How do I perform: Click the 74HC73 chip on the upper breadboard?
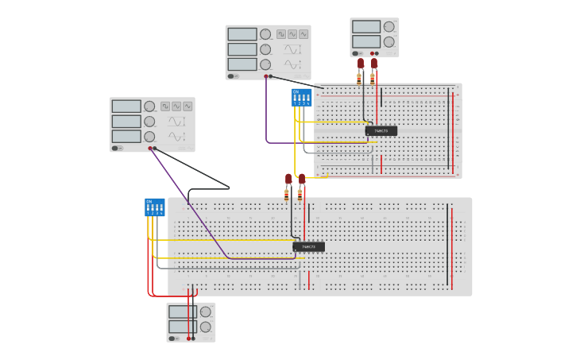pyautogui.click(x=381, y=131)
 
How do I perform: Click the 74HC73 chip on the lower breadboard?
pyautogui.click(x=308, y=247)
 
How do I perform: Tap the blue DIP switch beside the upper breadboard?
pyautogui.click(x=301, y=98)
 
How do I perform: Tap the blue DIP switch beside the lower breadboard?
pyautogui.click(x=154, y=207)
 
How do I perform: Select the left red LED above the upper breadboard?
pyautogui.click(x=360, y=63)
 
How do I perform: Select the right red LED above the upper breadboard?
pyautogui.click(x=373, y=63)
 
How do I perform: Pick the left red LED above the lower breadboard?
pyautogui.click(x=288, y=179)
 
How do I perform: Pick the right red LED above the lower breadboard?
pyautogui.click(x=301, y=179)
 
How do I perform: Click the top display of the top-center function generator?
pyautogui.click(x=242, y=34)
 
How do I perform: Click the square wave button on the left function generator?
pyautogui.click(x=164, y=106)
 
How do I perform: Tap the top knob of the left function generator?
pyautogui.click(x=149, y=106)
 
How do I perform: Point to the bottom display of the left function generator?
pyautogui.click(x=126, y=137)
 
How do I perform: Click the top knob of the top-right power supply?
pyautogui.click(x=389, y=26)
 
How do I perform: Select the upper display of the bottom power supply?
pyautogui.click(x=182, y=312)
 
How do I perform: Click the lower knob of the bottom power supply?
pyautogui.click(x=205, y=327)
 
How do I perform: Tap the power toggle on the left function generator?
pyautogui.click(x=116, y=148)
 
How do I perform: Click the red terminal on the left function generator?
pyautogui.click(x=149, y=148)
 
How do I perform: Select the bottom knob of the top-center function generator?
pyautogui.click(x=265, y=64)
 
